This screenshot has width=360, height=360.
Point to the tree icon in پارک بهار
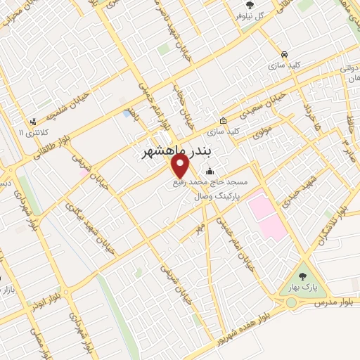302,276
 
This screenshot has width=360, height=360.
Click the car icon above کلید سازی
283,53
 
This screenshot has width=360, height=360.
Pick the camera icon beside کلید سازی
223,120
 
